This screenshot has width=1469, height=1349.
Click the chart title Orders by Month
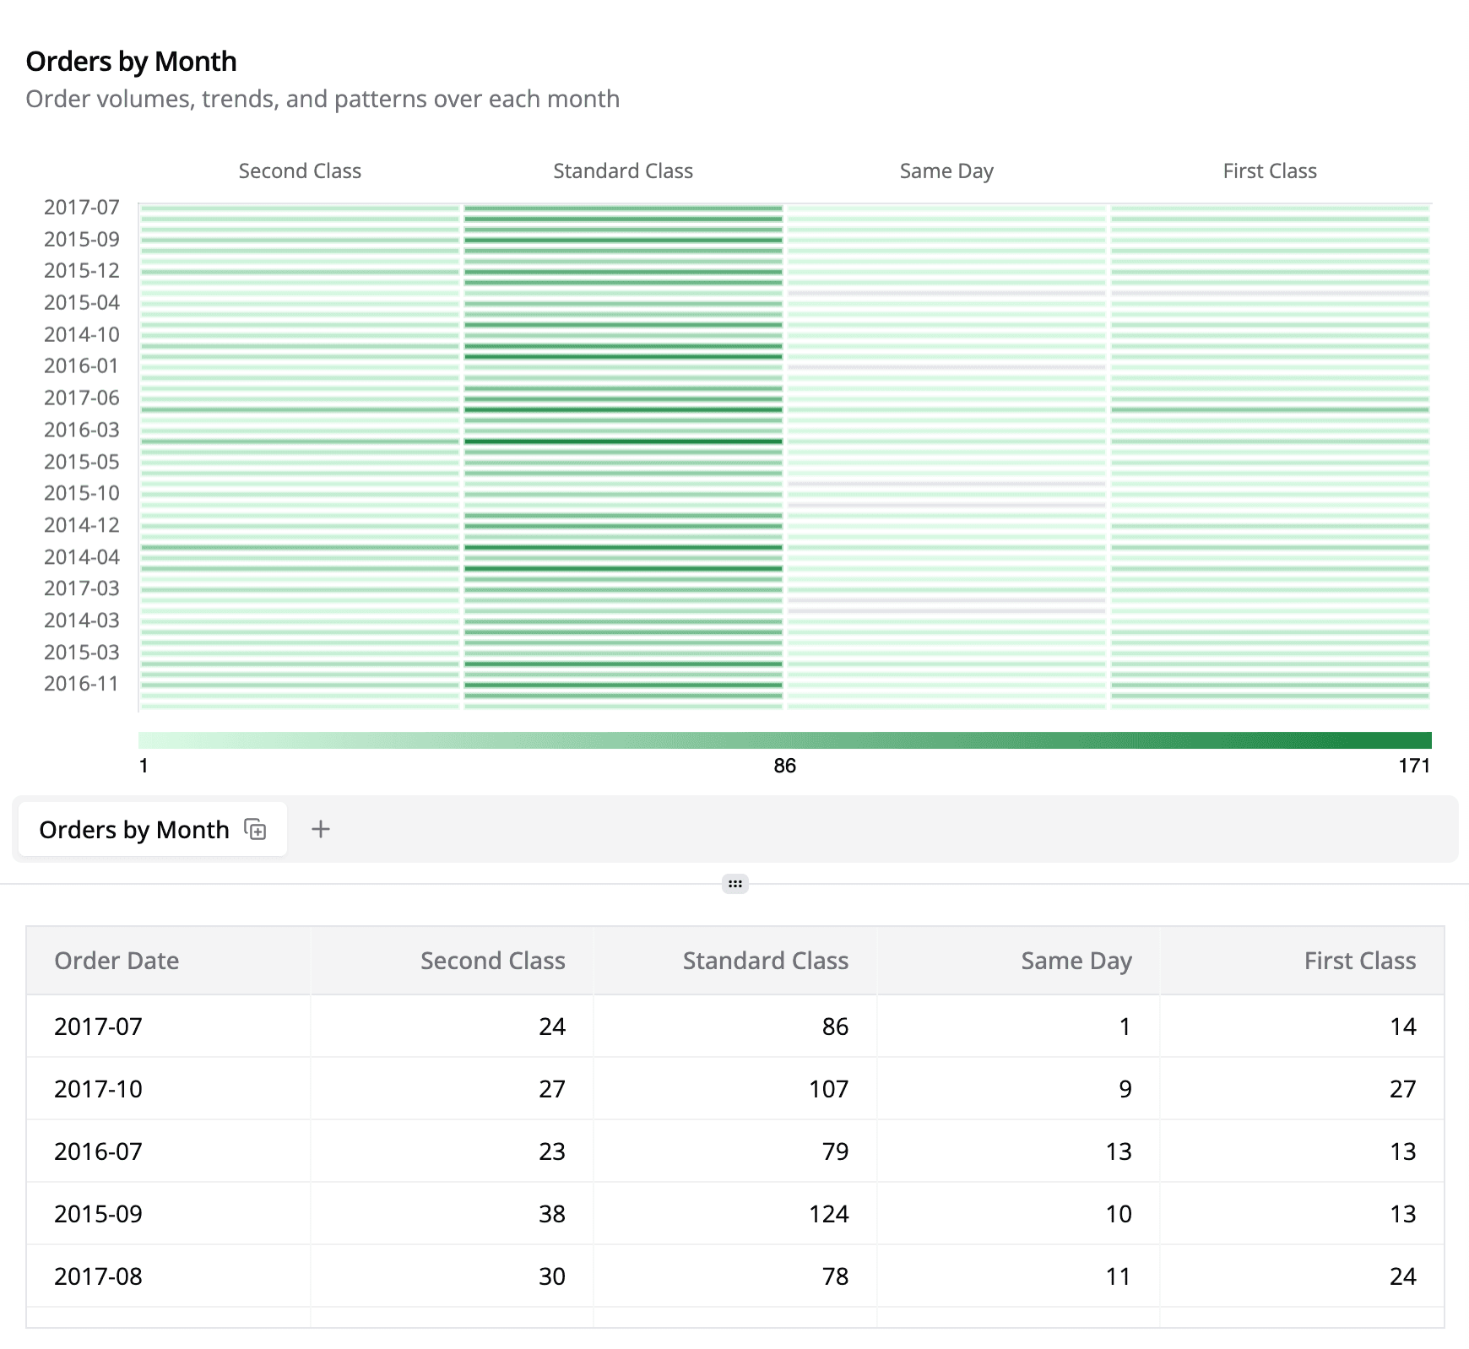point(131,62)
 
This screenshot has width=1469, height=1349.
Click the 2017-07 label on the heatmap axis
point(82,208)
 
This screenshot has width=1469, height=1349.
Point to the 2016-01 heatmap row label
point(82,366)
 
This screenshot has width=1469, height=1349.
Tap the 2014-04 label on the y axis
point(82,557)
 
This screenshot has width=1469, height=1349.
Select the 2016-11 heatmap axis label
point(82,684)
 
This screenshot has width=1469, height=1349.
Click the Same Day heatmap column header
point(946,171)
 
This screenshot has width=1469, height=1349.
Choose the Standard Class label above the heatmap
point(623,171)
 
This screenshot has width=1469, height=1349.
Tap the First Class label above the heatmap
point(1270,171)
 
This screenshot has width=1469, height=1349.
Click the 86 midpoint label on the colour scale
point(785,766)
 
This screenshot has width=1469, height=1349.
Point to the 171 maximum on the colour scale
point(1414,766)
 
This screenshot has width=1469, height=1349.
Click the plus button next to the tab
point(321,829)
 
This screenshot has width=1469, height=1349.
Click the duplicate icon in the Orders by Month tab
point(255,829)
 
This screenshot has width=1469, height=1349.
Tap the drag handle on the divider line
point(735,884)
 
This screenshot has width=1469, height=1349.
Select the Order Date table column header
point(117,961)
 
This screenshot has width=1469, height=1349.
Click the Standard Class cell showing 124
point(828,1214)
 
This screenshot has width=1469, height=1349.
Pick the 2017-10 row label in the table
point(98,1089)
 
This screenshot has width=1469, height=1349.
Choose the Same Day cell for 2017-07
point(1125,1027)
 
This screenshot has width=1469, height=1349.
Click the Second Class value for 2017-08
point(551,1276)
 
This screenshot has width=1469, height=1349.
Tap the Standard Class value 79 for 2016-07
point(835,1151)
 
